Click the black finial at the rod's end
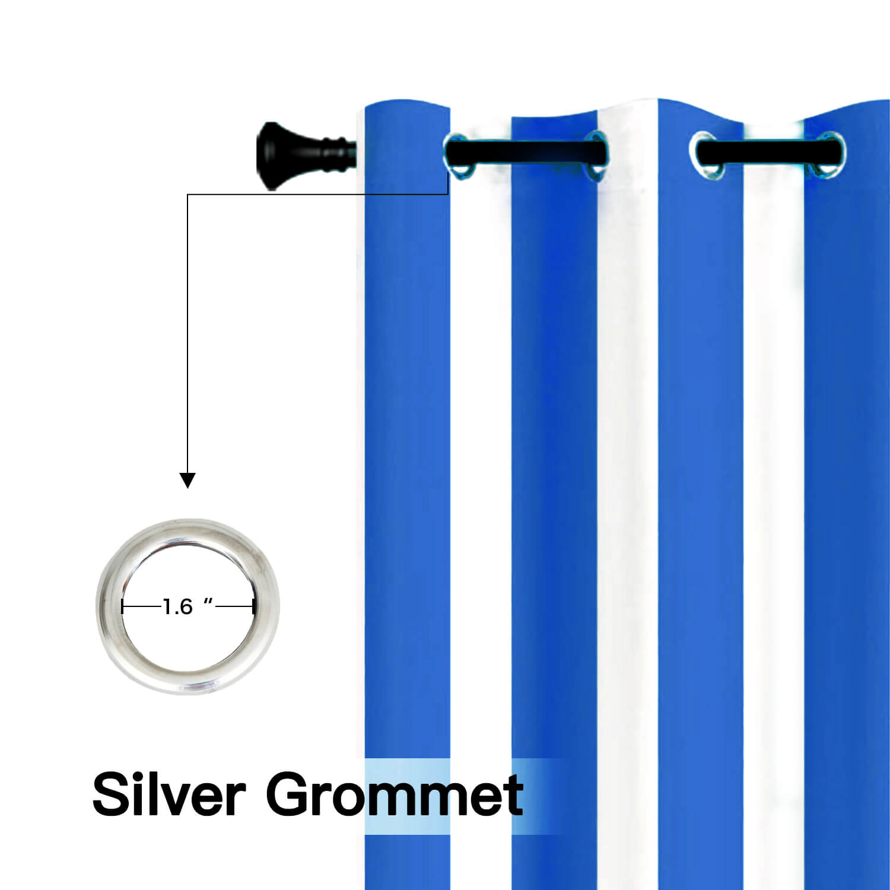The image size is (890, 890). pos(306,155)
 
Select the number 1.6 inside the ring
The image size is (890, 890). pos(178,607)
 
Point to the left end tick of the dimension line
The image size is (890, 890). pos(122,607)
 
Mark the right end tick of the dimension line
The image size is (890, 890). pos(253,607)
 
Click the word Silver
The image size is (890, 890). pos(169,794)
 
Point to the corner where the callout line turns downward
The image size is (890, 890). pos(187,194)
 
